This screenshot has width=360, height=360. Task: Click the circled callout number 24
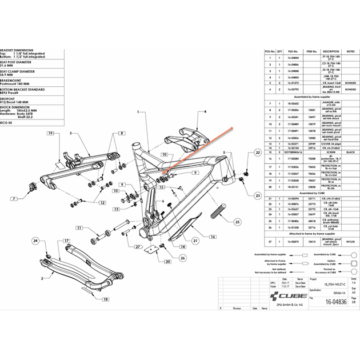[36, 241]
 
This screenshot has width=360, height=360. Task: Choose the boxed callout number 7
[13, 199]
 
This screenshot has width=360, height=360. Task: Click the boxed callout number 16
[213, 236]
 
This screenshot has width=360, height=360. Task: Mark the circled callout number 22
[257, 153]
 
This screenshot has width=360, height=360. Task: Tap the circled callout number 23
[257, 195]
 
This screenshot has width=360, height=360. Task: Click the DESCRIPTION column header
[331, 51]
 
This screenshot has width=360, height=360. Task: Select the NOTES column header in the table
[351, 51]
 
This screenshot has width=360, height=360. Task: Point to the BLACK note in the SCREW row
[351, 153]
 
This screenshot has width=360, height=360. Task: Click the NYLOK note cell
[351, 242]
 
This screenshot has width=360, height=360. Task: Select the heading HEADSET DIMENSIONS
[17, 50]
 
